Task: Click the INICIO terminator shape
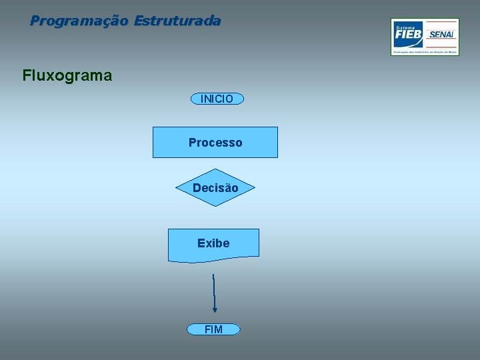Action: tap(217, 99)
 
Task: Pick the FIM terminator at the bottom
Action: tap(213, 329)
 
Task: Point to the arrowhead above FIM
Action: tap(215, 309)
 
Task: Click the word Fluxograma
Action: tap(67, 75)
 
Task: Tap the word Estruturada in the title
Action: tap(177, 21)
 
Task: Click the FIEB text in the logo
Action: tap(408, 34)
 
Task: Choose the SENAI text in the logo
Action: tap(442, 35)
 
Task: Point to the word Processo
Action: tap(215, 143)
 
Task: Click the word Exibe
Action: tap(213, 243)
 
